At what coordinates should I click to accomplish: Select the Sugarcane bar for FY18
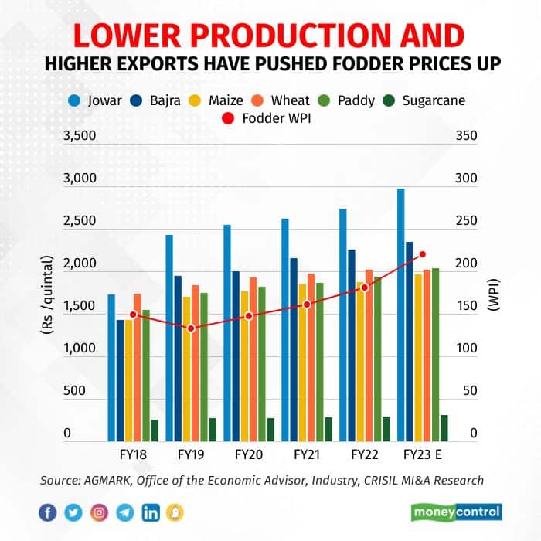tap(155, 429)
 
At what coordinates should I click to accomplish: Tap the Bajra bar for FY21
tap(294, 349)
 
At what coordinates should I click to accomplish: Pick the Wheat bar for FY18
tap(138, 366)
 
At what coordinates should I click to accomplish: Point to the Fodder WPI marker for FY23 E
tap(422, 254)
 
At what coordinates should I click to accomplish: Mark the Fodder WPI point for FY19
tap(192, 328)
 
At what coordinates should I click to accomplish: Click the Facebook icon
tap(46, 512)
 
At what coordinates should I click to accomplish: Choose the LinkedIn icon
tap(151, 512)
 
